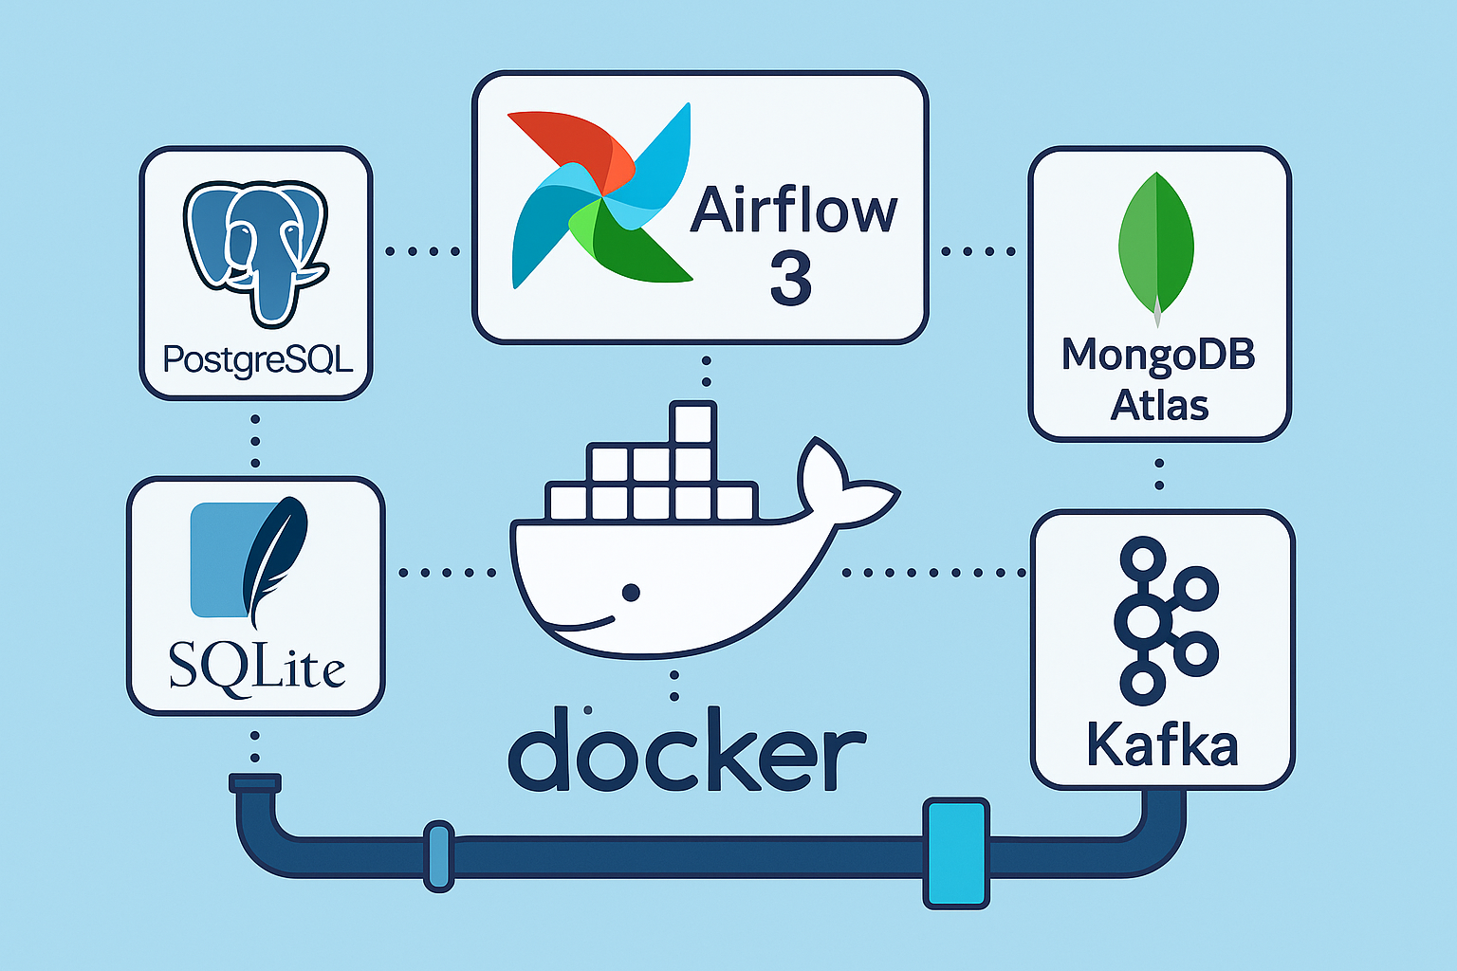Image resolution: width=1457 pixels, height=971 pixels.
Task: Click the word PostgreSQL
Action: [x=258, y=359]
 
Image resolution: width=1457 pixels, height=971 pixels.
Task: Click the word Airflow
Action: [x=793, y=211]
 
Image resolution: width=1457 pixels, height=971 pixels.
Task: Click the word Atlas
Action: [x=1159, y=406]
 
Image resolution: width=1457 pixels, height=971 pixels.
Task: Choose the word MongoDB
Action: [x=1158, y=355]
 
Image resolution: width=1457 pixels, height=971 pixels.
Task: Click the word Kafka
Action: [x=1162, y=744]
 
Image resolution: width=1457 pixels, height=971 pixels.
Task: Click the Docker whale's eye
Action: [x=631, y=593]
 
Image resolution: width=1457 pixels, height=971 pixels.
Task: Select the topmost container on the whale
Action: [x=692, y=423]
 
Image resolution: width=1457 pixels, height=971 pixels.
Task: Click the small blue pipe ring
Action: [x=438, y=855]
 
